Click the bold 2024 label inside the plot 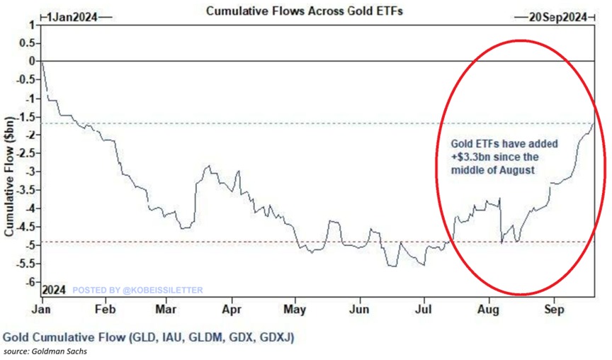pos(54,290)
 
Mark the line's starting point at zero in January pos(42,62)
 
